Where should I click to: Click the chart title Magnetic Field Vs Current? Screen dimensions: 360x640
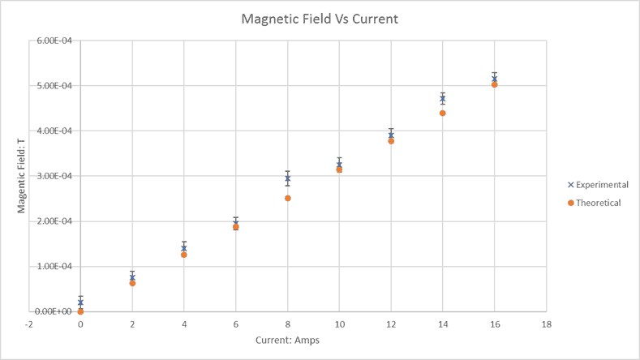[x=320, y=19]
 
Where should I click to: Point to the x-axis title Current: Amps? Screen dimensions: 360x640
[x=287, y=340]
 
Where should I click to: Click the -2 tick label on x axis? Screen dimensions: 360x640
[x=28, y=324]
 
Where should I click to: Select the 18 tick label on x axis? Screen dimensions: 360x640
[x=547, y=324]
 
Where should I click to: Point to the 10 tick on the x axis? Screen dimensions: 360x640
[x=339, y=324]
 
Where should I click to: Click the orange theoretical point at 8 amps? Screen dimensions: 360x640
[x=287, y=198]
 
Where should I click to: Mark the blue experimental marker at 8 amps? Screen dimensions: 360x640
[x=287, y=178]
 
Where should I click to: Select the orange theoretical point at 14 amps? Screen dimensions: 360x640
[x=443, y=113]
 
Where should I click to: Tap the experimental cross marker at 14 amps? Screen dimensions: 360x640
[x=443, y=99]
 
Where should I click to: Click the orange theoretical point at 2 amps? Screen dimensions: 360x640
[x=132, y=283]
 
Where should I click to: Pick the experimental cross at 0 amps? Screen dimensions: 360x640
[x=80, y=302]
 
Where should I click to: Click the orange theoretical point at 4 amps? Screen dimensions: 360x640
[x=184, y=255]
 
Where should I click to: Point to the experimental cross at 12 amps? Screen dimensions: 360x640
[x=391, y=135]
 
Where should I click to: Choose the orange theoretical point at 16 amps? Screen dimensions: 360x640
[x=495, y=84]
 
